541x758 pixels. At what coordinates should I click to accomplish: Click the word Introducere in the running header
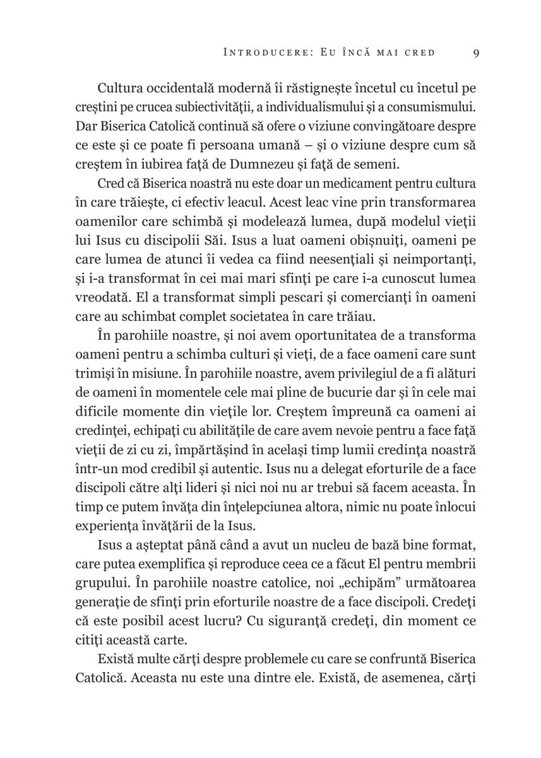[x=265, y=52]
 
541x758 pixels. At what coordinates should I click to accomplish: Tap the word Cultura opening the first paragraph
[x=121, y=87]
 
